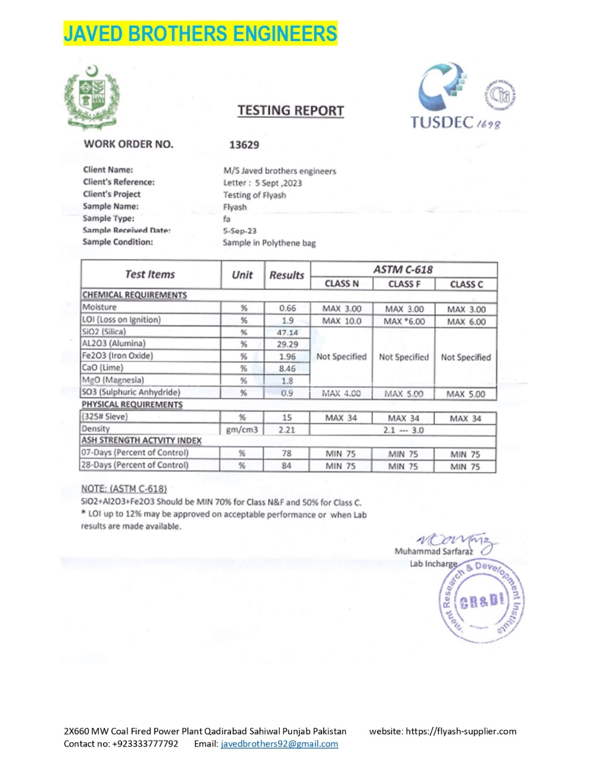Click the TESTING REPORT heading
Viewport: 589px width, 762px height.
pyautogui.click(x=291, y=111)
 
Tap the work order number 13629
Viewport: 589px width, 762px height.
pyautogui.click(x=244, y=145)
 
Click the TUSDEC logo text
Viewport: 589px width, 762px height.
pyautogui.click(x=441, y=122)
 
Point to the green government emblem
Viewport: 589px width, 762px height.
pyautogui.click(x=92, y=95)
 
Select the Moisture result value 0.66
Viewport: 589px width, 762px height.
pyautogui.click(x=287, y=308)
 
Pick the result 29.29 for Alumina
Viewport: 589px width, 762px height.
pyautogui.click(x=287, y=344)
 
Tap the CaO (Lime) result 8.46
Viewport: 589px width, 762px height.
pyautogui.click(x=287, y=368)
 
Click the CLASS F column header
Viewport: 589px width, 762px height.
pyautogui.click(x=404, y=284)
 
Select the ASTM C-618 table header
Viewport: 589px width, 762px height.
pyautogui.click(x=403, y=269)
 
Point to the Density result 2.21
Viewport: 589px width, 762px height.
pyautogui.click(x=286, y=429)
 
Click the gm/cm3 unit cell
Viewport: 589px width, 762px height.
pyautogui.click(x=242, y=429)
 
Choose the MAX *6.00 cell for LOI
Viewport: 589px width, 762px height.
pyautogui.click(x=404, y=321)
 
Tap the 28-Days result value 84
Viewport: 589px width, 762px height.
pyautogui.click(x=286, y=466)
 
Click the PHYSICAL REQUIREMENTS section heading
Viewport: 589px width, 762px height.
pyautogui.click(x=132, y=405)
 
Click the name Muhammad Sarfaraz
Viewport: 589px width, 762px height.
pyautogui.click(x=433, y=551)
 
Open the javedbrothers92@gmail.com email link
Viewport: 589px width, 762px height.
pyautogui.click(x=279, y=744)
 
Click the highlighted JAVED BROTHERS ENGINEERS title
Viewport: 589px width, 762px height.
pyautogui.click(x=200, y=33)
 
